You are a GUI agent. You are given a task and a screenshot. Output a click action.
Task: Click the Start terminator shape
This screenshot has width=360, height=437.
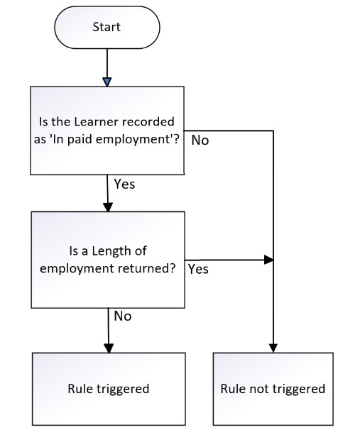(107, 27)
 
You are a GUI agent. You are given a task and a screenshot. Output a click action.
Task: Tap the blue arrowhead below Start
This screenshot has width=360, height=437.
(107, 82)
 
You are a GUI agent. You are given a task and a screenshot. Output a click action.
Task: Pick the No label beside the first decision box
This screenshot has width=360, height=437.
(200, 140)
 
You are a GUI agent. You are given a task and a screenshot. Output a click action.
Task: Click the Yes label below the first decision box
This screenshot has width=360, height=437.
(124, 184)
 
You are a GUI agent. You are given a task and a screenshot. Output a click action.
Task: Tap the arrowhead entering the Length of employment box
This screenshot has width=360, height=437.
(108, 207)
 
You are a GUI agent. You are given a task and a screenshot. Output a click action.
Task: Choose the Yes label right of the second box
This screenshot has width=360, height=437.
(198, 270)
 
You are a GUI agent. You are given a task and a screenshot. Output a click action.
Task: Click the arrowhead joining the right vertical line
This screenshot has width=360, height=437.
(269, 260)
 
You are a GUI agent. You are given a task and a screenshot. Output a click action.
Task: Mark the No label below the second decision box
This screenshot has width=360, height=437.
(122, 316)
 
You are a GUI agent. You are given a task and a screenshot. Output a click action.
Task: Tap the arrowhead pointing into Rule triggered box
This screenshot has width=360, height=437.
(109, 348)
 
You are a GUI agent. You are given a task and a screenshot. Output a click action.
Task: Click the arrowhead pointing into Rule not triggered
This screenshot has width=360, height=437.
(273, 348)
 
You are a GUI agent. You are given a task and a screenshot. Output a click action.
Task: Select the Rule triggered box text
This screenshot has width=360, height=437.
(109, 389)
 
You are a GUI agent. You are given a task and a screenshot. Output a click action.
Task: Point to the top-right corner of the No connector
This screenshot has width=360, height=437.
(273, 131)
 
